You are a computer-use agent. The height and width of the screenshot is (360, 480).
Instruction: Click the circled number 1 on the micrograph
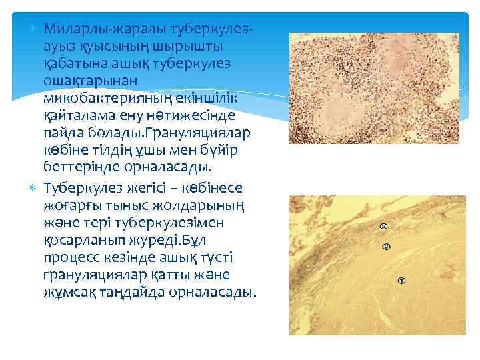pos(401,281)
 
